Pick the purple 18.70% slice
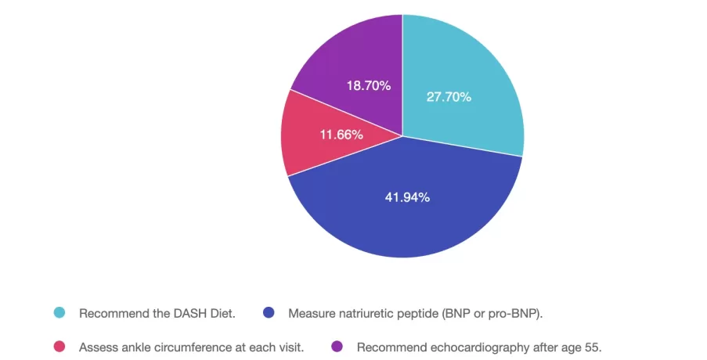pos(352,63)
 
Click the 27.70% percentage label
pos(449,98)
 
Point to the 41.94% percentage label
pos(407,197)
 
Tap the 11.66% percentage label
pos(341,135)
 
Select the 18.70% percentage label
pos(369,85)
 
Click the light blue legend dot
pos(59,313)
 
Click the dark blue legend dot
pos(269,313)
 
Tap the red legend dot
pos(59,346)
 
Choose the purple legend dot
pos(337,346)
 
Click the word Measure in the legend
pos(311,313)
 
